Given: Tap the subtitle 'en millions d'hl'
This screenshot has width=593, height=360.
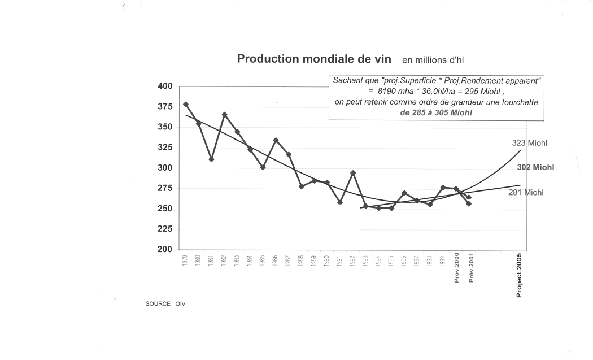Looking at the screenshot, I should tap(433, 60).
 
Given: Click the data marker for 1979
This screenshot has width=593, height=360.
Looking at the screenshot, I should tap(186, 105).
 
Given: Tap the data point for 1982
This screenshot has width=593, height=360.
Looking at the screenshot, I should tap(224, 115).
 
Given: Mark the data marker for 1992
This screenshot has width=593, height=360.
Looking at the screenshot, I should tap(353, 173).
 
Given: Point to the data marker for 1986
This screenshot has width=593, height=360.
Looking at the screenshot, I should tap(276, 140).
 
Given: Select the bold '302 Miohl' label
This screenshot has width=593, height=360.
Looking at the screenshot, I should tap(535, 168).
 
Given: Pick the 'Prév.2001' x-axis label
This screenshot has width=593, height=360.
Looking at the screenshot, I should tap(470, 268).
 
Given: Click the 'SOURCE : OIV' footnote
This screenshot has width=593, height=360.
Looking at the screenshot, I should tap(165, 304).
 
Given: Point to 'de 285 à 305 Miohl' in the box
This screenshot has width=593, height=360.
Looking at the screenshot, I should tap(436, 112).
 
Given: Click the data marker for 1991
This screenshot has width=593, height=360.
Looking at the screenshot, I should tap(340, 202).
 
